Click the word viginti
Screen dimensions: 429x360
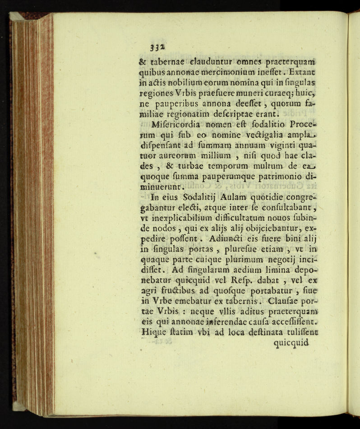coord(274,145)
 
